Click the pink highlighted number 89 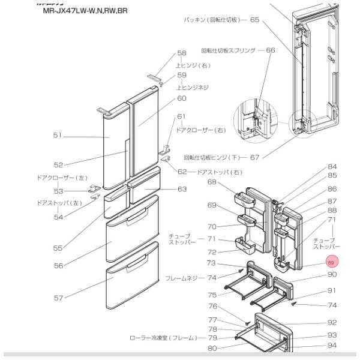[x=331, y=262]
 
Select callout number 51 [x=57, y=136]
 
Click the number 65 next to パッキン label [x=254, y=20]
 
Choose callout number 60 [x=181, y=98]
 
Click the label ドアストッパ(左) [x=58, y=203]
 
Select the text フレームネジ [x=185, y=278]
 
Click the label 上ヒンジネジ [x=192, y=87]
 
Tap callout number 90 [x=332, y=275]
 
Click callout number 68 [x=212, y=182]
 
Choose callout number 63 [x=181, y=190]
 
